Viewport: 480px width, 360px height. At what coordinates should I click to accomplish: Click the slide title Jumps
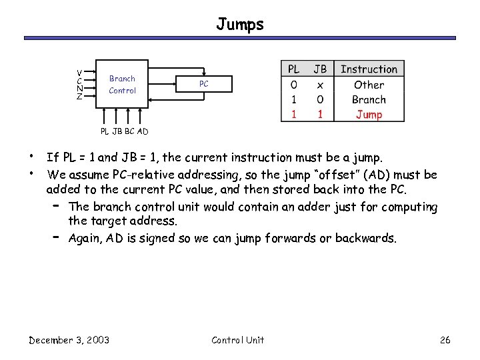(x=240, y=25)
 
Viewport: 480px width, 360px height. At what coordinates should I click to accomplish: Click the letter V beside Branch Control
(x=79, y=72)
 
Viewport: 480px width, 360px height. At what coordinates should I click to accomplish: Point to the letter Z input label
(x=79, y=97)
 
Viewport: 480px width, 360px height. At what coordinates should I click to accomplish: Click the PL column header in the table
(x=293, y=69)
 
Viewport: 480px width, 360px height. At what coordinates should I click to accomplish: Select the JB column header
(x=320, y=69)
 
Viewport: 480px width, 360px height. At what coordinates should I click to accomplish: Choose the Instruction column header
(x=369, y=69)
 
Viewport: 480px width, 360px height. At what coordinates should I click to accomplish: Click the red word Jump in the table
(x=369, y=115)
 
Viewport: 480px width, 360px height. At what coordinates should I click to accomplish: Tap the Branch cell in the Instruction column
(x=369, y=100)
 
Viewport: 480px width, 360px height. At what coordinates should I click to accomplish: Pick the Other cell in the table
(x=369, y=85)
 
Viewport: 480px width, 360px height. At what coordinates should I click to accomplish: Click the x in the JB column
(x=320, y=85)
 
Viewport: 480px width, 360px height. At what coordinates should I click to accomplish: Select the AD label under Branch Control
(x=143, y=131)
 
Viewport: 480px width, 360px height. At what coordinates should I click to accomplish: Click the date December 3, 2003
(x=69, y=340)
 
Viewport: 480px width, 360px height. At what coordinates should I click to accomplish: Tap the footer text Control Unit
(x=237, y=340)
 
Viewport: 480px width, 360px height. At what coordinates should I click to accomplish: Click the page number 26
(x=445, y=340)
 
